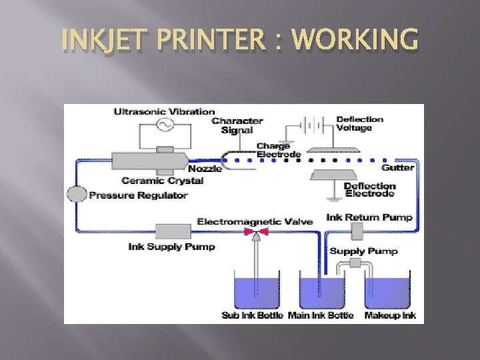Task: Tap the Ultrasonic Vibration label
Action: click(164, 112)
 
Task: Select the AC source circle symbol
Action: click(164, 125)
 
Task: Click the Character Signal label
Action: click(237, 125)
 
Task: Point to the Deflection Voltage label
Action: click(360, 123)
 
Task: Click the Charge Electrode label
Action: click(273, 150)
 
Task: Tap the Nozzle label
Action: click(209, 169)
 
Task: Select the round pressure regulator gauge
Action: click(77, 195)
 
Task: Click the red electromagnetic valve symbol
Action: click(255, 231)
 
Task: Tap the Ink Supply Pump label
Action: click(171, 247)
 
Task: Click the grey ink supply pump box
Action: click(173, 231)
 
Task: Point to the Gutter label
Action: click(398, 167)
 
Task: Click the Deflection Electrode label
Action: click(370, 190)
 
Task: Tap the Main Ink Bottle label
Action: click(321, 315)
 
